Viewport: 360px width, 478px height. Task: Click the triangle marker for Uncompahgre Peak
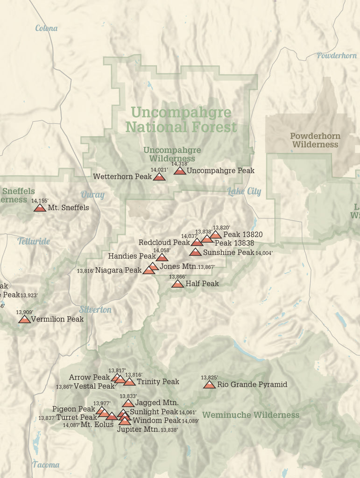(x=180, y=171)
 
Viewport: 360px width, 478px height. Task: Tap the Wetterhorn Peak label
(x=122, y=177)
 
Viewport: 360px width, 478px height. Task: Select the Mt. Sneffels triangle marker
(x=40, y=208)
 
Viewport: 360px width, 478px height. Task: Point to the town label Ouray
(x=92, y=195)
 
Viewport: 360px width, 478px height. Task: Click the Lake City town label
(x=244, y=191)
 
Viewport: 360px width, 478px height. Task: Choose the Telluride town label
(x=34, y=241)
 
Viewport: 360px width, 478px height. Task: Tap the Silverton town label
(x=95, y=309)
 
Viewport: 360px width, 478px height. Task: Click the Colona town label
(x=47, y=28)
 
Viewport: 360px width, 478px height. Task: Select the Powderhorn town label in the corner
(x=337, y=56)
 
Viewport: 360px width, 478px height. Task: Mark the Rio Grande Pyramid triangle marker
(x=209, y=385)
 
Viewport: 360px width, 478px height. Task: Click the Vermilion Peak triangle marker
(x=24, y=320)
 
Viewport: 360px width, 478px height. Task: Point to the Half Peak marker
(x=177, y=284)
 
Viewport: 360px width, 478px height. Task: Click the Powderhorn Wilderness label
(x=315, y=141)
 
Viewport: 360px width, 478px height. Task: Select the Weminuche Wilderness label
(x=251, y=415)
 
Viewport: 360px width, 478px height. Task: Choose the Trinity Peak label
(x=158, y=382)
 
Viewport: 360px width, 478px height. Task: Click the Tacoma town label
(x=46, y=464)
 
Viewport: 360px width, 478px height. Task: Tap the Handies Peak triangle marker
(x=162, y=257)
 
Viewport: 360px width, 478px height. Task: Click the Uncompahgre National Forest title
(x=181, y=119)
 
